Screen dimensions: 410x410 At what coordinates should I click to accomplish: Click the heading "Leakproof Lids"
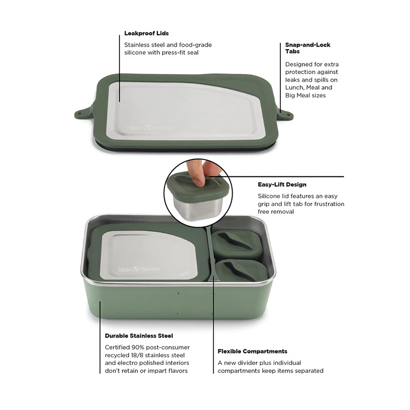[x=147, y=33]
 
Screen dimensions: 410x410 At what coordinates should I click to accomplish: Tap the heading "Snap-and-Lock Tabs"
[x=308, y=48]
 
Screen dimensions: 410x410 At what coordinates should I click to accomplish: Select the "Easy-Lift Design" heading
[x=282, y=184]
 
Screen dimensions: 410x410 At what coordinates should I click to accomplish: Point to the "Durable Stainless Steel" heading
[x=139, y=336]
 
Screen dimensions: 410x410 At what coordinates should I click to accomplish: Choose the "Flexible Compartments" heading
[x=252, y=352]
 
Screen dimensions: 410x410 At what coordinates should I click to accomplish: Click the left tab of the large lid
[x=84, y=112]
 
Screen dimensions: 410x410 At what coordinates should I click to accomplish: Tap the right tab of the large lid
[x=284, y=113]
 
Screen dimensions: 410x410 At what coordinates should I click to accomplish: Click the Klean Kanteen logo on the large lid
[x=152, y=128]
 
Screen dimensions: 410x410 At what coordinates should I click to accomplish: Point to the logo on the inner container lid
[x=139, y=270]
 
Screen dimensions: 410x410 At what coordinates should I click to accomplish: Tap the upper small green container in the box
[x=237, y=243]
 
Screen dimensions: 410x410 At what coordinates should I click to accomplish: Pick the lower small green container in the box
[x=241, y=271]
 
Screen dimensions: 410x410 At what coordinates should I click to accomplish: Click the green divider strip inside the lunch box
[x=210, y=254]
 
